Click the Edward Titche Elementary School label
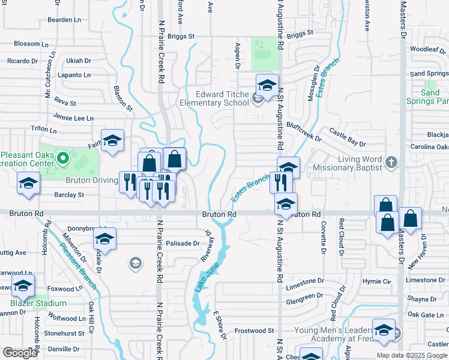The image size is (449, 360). [214, 98]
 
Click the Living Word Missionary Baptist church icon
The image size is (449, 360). [391, 161]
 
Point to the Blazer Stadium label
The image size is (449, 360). [38, 303]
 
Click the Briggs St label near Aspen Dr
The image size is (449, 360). [181, 36]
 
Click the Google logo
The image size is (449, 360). [19, 353]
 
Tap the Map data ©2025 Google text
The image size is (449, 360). [411, 355]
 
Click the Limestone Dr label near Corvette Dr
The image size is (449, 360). [304, 281]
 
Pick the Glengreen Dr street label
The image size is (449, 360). [304, 296]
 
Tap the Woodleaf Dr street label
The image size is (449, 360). [427, 50]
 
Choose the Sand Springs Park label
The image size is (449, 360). [430, 97]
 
